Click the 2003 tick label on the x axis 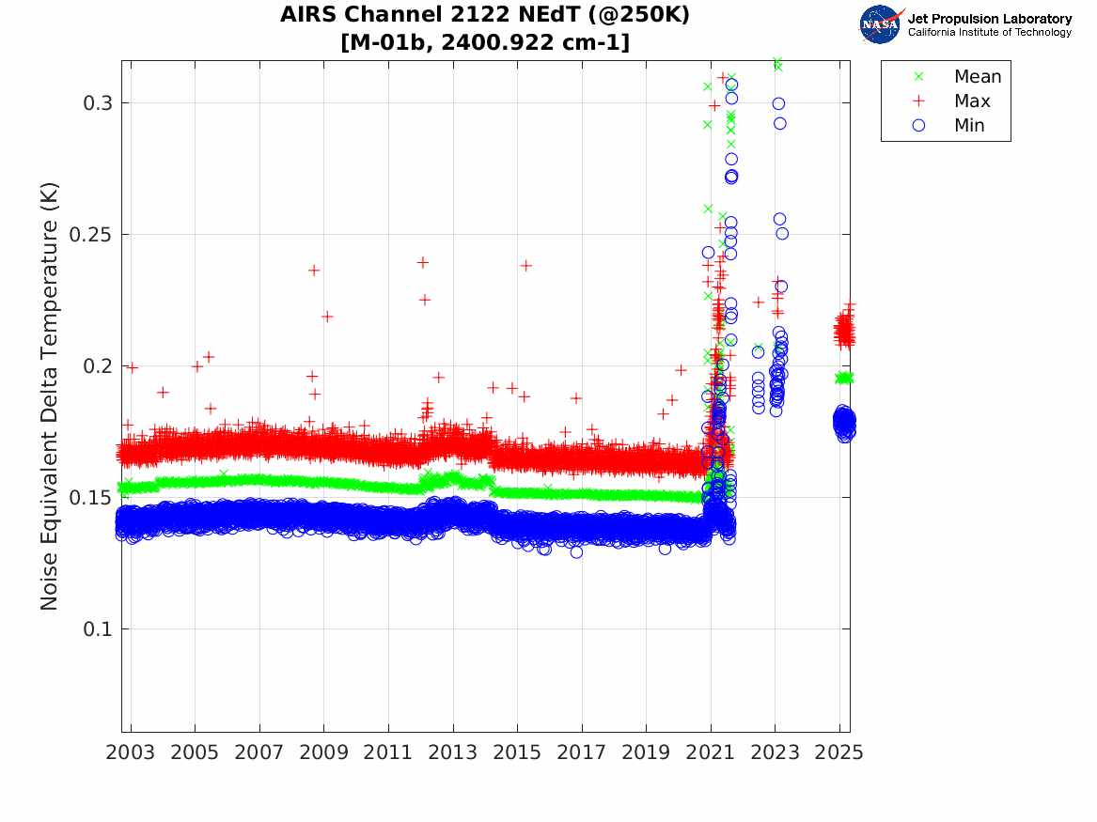tap(131, 753)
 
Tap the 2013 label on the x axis tap(453, 753)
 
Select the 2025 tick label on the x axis tap(839, 753)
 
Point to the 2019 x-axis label tap(647, 753)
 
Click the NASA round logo tap(881, 24)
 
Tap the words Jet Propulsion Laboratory tap(989, 19)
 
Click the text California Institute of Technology tap(989, 33)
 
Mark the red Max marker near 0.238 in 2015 tap(525, 266)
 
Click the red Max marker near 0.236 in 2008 tap(314, 271)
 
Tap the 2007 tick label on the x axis tap(259, 753)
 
